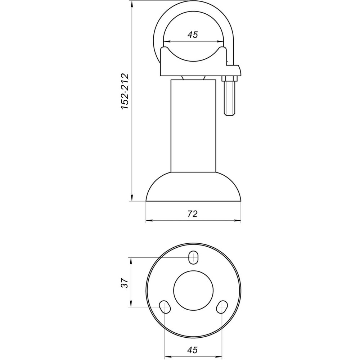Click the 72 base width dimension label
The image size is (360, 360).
[193, 214]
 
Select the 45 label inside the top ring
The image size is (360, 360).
[193, 35]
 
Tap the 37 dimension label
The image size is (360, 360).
[123, 283]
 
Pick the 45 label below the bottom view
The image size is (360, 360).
[193, 350]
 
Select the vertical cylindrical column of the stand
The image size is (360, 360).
[193, 126]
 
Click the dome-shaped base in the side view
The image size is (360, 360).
[193, 187]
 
